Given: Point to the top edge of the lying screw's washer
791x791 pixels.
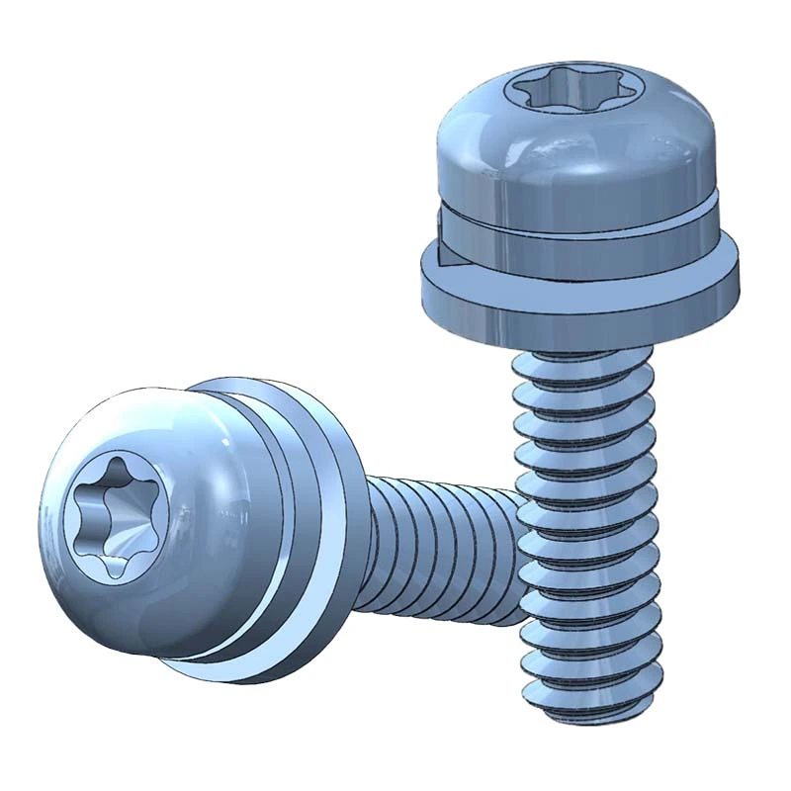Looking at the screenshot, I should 247,381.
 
